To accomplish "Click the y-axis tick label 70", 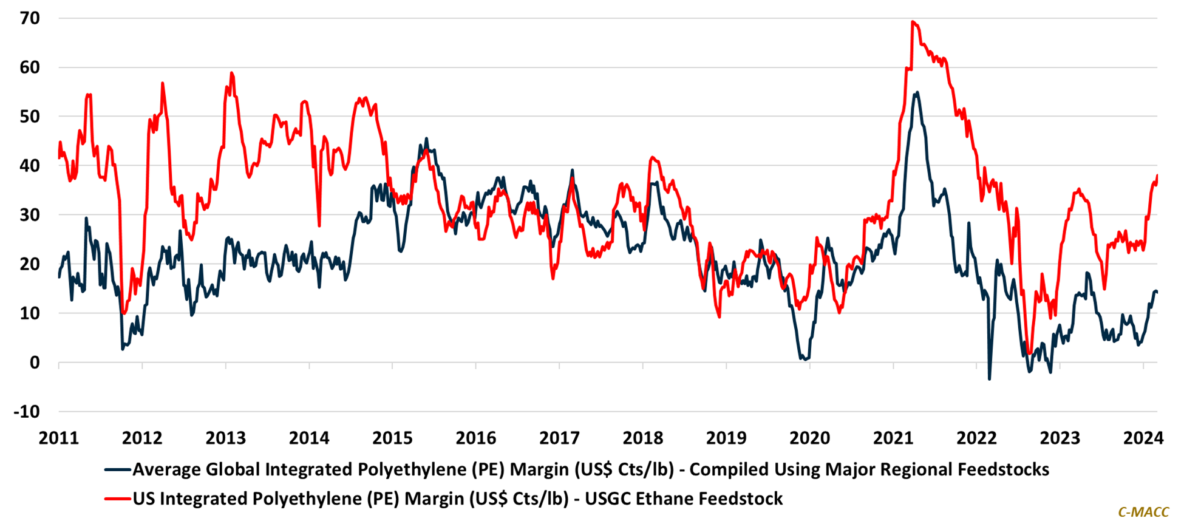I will [x=30, y=18].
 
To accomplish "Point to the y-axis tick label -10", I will [x=27, y=412].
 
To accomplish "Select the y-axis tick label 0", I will [x=34, y=363].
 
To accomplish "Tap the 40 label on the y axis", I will [x=30, y=165].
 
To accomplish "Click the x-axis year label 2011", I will [x=59, y=438].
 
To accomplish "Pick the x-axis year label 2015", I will [x=392, y=438].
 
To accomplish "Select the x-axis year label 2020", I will [x=809, y=438].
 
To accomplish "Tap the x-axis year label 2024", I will [x=1143, y=438].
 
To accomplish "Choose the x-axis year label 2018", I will [x=643, y=438].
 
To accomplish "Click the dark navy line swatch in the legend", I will [x=117, y=469].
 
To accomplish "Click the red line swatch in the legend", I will [x=117, y=499].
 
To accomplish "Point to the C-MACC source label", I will [x=1143, y=512].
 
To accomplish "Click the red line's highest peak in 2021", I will [x=913, y=22].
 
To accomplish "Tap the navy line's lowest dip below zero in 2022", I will [x=989, y=380].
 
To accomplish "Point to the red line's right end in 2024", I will [x=1157, y=175].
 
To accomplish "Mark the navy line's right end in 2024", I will [x=1157, y=292].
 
